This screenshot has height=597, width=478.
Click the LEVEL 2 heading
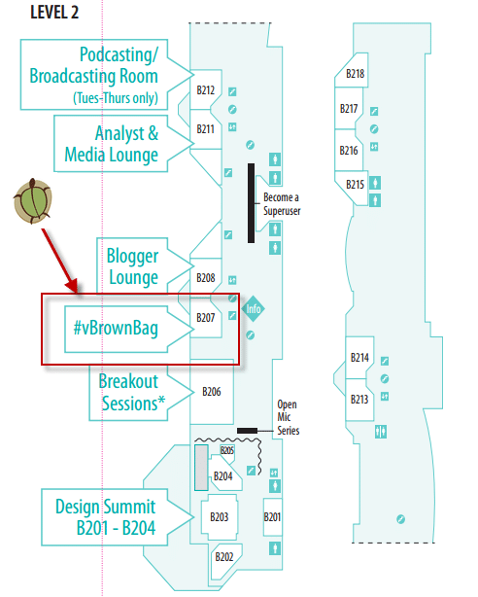point(54,13)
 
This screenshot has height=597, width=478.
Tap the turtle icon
point(33,200)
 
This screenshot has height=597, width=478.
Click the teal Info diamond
point(253,308)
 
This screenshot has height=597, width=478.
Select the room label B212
point(206,90)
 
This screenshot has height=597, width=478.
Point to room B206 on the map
point(212,392)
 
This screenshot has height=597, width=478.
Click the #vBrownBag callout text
point(116,328)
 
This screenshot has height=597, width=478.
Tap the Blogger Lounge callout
point(133,266)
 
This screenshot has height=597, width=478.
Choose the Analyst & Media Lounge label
point(112,144)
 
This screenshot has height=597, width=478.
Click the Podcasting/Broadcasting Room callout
point(94,76)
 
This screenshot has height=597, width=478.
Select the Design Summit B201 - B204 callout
point(106,517)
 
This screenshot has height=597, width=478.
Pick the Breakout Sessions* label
point(132,392)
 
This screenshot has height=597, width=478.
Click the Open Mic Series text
point(289,417)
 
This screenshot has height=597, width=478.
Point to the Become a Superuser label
point(282,204)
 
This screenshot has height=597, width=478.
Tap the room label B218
point(355,74)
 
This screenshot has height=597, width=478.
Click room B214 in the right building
point(359,358)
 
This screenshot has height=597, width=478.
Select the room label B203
point(220,517)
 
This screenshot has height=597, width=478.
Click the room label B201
point(272,517)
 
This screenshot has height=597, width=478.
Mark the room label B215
point(355,185)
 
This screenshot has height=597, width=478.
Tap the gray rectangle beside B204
point(201,468)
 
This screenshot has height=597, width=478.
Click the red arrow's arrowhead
point(72,286)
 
